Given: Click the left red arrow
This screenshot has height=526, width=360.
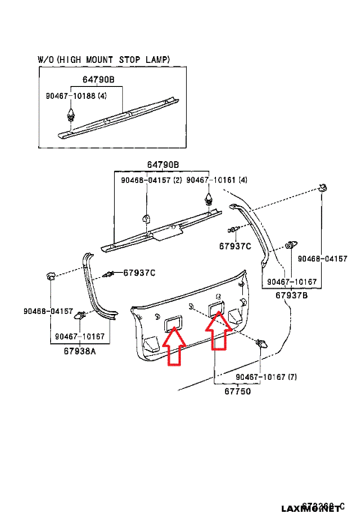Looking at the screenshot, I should point(174,348).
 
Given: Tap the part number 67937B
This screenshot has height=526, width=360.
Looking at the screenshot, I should point(291,296).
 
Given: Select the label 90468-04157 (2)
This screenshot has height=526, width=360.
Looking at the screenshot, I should point(151,180).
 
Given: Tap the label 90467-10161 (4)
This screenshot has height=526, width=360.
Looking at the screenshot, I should point(217,180).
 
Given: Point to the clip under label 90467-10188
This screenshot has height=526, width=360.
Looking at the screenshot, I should point(71,115).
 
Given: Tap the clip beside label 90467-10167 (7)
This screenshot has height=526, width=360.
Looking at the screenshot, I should point(262,344).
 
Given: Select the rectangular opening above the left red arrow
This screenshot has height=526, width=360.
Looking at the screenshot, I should point(175,322).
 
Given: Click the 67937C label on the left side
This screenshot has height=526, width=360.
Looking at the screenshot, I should point(139,273).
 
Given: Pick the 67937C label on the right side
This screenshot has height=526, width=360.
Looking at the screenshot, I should point(235,246).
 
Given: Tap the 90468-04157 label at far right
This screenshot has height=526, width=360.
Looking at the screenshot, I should point(322,259).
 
